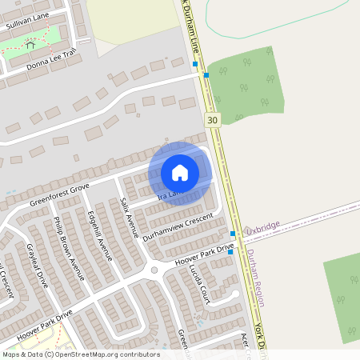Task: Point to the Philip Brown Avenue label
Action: [x=68, y=249]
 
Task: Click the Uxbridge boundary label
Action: [x=262, y=227]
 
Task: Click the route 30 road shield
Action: [x=211, y=120]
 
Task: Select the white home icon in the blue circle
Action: [x=180, y=173]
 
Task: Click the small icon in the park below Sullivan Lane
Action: [x=30, y=46]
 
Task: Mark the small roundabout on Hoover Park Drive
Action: [x=154, y=270]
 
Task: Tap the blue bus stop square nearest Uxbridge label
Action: [x=232, y=234]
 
